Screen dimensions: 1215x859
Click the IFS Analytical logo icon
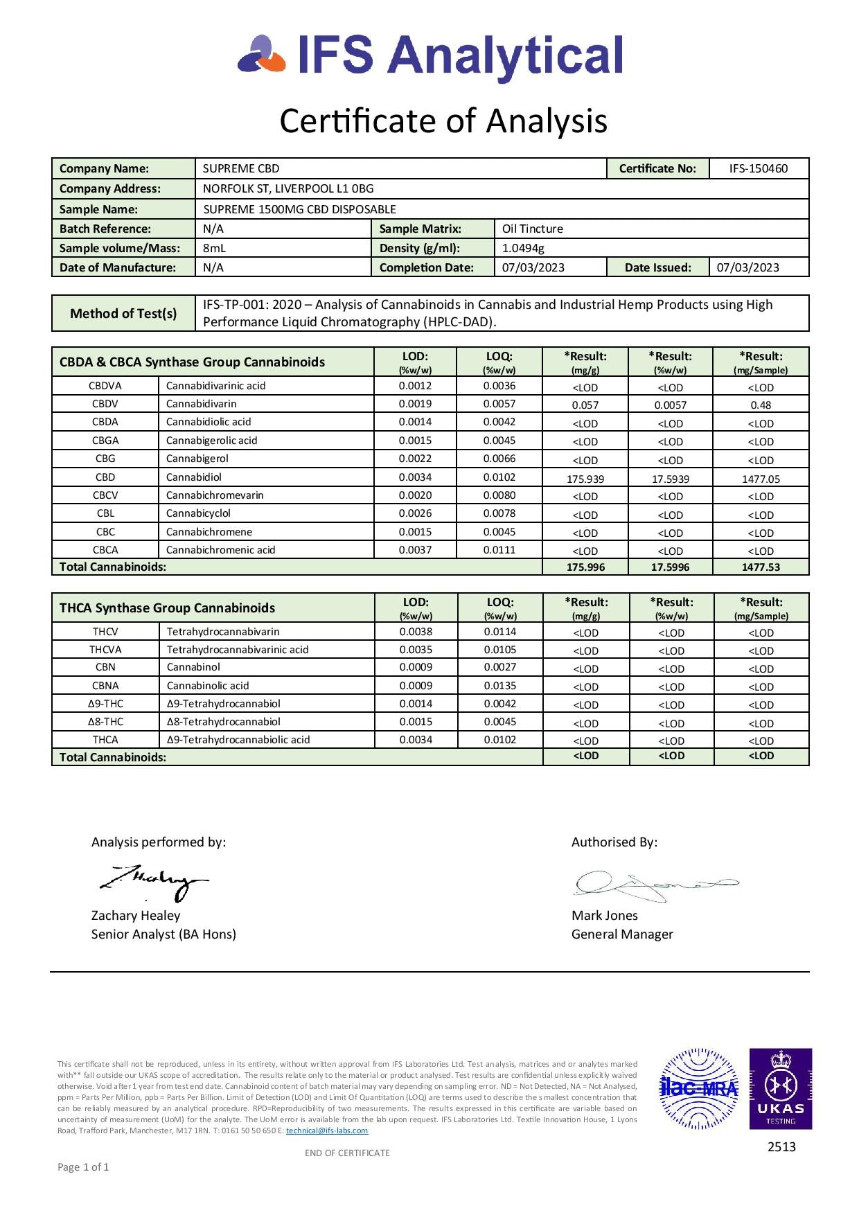pyautogui.click(x=261, y=55)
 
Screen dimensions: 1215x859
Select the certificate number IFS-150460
pyautogui.click(x=758, y=168)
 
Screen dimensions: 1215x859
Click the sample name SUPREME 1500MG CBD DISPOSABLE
pyautogui.click(x=299, y=209)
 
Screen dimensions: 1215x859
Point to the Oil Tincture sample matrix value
pyautogui.click(x=532, y=229)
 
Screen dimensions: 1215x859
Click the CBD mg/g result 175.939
pyautogui.click(x=585, y=479)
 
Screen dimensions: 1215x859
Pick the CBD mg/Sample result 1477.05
pyautogui.click(x=761, y=479)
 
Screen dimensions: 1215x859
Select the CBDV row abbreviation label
pyautogui.click(x=105, y=404)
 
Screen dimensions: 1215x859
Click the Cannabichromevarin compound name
pyautogui.click(x=215, y=495)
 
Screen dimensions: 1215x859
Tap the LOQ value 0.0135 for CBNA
pyautogui.click(x=500, y=686)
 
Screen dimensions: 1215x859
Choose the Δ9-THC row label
pyautogui.click(x=105, y=704)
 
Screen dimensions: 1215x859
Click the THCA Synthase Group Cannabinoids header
pyautogui.click(x=167, y=608)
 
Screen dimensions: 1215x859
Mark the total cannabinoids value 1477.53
pyautogui.click(x=761, y=567)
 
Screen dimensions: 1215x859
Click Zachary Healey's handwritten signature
pyautogui.click(x=154, y=883)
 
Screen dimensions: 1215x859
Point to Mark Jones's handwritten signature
pyautogui.click(x=655, y=885)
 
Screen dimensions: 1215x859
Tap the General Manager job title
pyautogui.click(x=622, y=934)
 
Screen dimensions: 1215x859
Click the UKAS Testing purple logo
pyautogui.click(x=780, y=1088)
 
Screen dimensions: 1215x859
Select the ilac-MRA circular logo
pyautogui.click(x=698, y=1088)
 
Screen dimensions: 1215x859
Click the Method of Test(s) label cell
pyautogui.click(x=123, y=314)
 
